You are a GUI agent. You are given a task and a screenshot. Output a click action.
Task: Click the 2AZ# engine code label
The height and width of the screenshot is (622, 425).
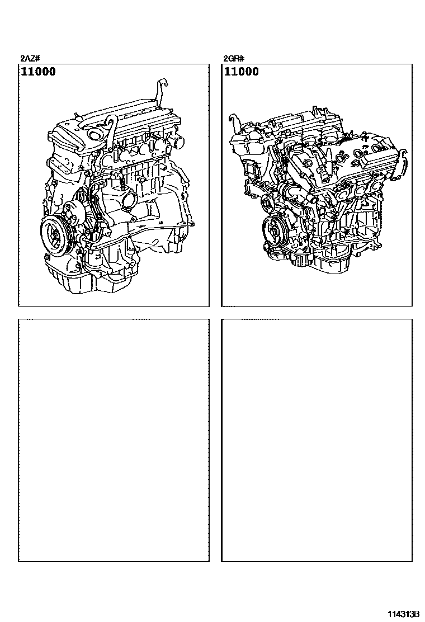tap(31, 59)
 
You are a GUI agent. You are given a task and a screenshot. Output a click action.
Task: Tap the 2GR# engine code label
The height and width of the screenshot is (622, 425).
tap(234, 59)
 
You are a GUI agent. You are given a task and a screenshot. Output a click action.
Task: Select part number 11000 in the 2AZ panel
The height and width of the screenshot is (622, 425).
tap(38, 72)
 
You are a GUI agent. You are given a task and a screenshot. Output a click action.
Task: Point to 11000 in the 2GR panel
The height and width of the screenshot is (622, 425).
tap(241, 72)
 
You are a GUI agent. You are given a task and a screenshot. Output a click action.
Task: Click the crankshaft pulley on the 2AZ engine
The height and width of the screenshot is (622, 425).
tap(56, 234)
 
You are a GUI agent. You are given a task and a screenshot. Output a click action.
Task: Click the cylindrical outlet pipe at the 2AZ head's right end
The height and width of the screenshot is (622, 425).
tap(178, 141)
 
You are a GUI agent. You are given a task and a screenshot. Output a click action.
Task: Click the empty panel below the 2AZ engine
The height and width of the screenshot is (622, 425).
tap(114, 440)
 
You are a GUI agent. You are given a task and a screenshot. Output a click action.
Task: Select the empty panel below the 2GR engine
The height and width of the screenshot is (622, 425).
tap(317, 440)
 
